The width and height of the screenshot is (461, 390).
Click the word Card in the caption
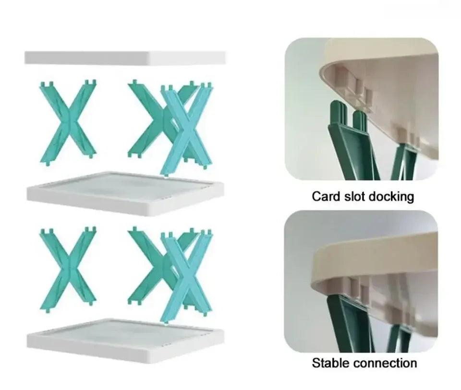point(326,196)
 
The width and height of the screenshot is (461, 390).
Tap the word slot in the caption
point(354,196)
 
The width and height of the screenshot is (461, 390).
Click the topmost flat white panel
point(125,58)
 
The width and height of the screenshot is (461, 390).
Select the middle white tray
point(125,192)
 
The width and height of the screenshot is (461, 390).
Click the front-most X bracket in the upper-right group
point(187,130)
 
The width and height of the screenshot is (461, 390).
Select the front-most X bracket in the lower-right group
point(187,276)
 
